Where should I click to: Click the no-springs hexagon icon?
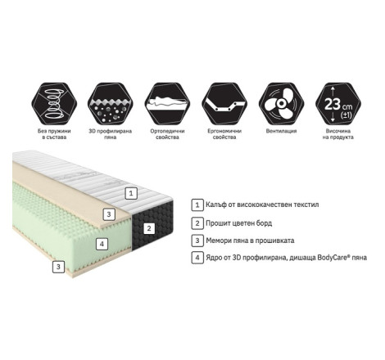click(54, 104)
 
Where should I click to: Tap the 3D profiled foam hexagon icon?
click(111, 104)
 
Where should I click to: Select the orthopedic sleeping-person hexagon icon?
click(167, 104)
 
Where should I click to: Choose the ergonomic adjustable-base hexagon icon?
click(224, 104)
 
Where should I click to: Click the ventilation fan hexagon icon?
click(281, 104)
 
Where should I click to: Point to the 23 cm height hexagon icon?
click(338, 104)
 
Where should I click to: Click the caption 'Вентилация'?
click(281, 131)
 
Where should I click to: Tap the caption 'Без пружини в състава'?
click(54, 134)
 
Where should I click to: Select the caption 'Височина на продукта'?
click(338, 134)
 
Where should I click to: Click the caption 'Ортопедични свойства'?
click(167, 134)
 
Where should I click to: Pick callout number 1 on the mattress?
click(131, 193)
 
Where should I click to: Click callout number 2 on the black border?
click(149, 228)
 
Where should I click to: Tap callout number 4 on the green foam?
click(102, 244)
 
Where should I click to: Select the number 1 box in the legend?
click(197, 205)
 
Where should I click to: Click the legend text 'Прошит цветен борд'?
click(239, 223)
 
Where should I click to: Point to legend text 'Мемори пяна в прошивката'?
click(250, 241)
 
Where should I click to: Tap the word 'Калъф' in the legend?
click(216, 205)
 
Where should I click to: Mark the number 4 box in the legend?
click(197, 258)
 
